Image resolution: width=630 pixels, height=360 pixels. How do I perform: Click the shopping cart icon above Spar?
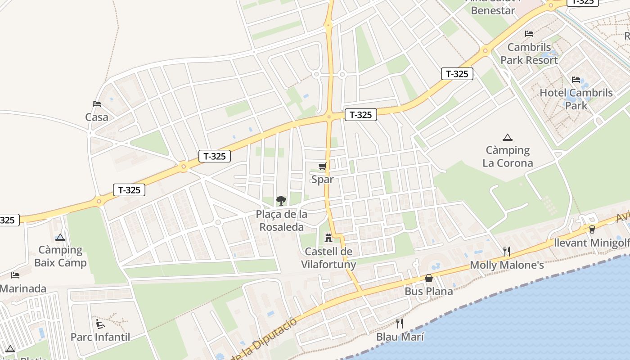coord(322,166)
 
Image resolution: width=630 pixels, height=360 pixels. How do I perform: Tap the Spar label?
coord(323,180)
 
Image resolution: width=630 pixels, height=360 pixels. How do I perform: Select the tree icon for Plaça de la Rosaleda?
coord(281,201)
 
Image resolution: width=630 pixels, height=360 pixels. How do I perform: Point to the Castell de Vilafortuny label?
coord(328,258)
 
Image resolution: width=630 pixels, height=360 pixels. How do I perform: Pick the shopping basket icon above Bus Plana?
coord(429,278)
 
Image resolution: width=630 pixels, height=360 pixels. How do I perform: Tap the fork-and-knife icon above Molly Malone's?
coord(507,251)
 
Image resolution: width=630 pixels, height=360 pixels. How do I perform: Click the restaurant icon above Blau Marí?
coord(399,323)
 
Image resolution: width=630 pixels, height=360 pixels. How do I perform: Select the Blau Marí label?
coord(400,337)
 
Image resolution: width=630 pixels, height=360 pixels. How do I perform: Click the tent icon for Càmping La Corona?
coord(508,137)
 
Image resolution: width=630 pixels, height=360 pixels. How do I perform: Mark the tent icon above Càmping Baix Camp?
coord(60,237)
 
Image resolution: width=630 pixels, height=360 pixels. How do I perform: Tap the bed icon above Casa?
coord(97,104)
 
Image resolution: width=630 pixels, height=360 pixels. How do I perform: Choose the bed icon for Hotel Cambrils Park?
coord(576,80)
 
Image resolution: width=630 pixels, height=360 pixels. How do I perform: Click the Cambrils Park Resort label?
coord(529,54)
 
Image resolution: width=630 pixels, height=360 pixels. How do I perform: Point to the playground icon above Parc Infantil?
coord(100,324)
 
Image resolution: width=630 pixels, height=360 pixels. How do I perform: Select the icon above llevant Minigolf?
coord(592,229)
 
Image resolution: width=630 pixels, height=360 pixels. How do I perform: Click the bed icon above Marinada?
coord(15,275)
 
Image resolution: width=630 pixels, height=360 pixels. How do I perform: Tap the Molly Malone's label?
coord(507,265)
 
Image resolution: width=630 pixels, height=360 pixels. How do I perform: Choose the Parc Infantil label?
coord(100,337)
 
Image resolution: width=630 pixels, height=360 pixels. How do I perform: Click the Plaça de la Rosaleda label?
coord(282,220)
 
